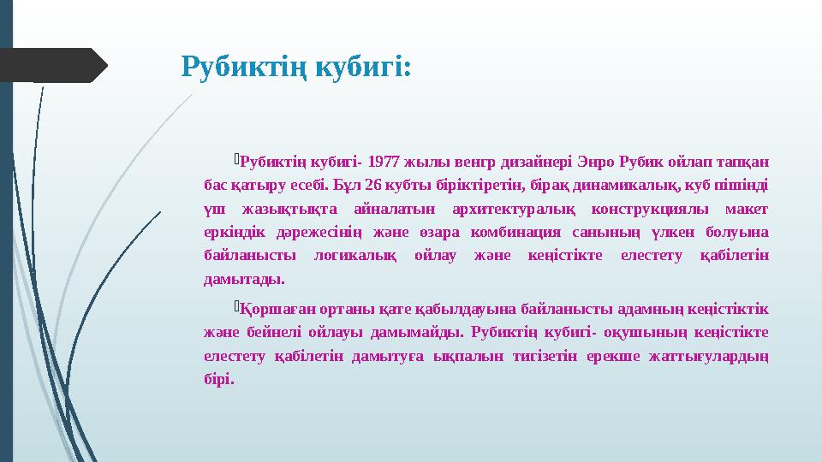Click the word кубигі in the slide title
click(x=363, y=66)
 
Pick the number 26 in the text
click(x=372, y=185)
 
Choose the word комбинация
click(x=508, y=233)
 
